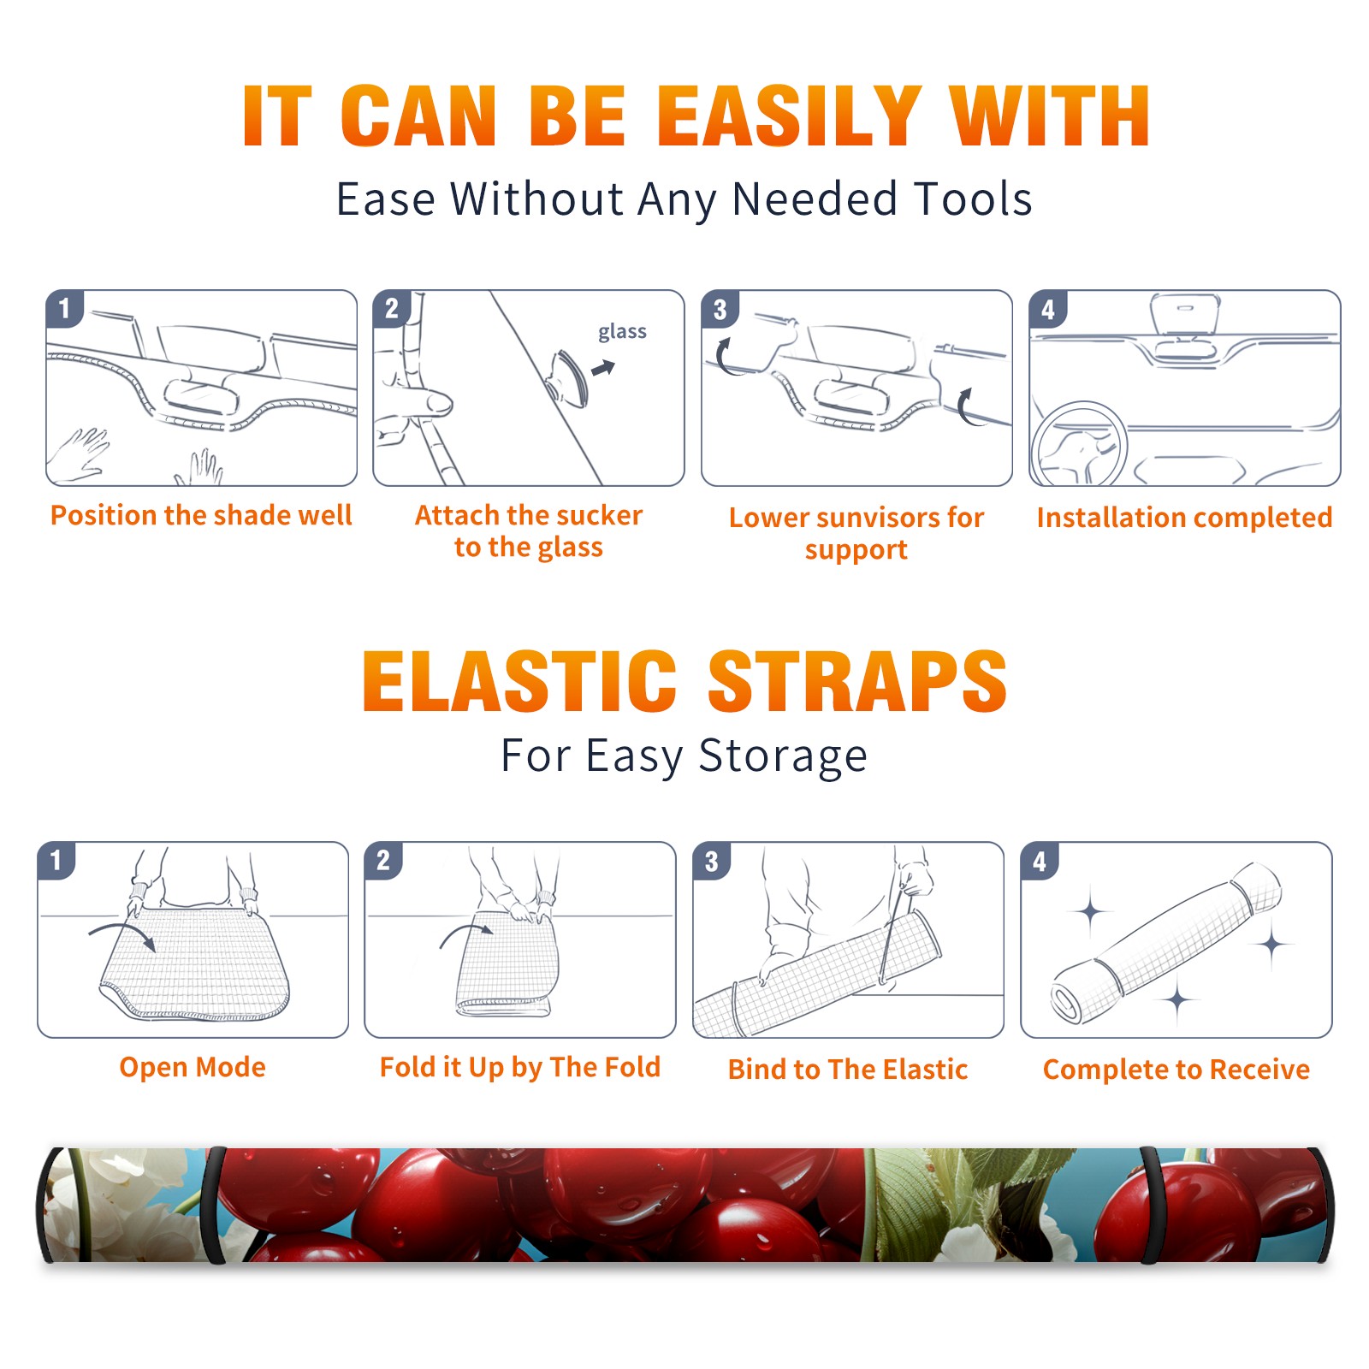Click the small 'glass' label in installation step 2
tap(622, 331)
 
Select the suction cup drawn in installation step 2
tap(569, 377)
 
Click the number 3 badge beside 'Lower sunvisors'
tap(720, 309)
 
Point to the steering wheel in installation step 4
tap(1079, 445)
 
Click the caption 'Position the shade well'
tap(201, 515)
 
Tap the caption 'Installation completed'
tap(1184, 517)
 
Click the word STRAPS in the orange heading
tap(857, 681)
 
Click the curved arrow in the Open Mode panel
tap(122, 933)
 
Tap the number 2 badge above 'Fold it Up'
tap(382, 860)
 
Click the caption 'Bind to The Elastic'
tap(848, 1070)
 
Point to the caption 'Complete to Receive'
tap(1176, 1070)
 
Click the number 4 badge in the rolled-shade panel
tap(1040, 861)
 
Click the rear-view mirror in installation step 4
tap(1185, 314)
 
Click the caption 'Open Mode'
tap(193, 1067)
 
